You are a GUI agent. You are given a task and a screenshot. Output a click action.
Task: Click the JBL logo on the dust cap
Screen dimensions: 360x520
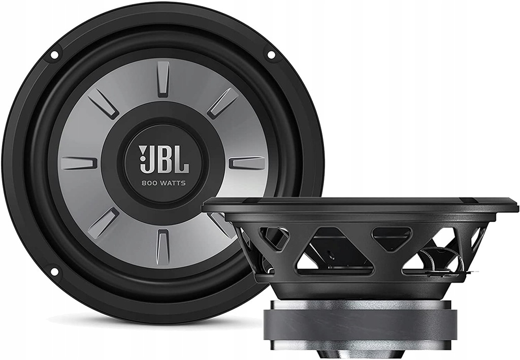(x=164, y=159)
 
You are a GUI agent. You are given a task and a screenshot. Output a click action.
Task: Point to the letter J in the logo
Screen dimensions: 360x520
(x=145, y=159)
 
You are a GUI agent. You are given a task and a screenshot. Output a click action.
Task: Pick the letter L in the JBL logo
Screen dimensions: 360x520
(x=181, y=160)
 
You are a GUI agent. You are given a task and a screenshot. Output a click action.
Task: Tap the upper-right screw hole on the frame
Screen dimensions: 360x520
(x=271, y=54)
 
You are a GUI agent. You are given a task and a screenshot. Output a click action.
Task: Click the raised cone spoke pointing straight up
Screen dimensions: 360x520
(x=163, y=78)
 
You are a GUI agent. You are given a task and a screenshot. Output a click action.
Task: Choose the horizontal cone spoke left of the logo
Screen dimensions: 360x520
(x=79, y=162)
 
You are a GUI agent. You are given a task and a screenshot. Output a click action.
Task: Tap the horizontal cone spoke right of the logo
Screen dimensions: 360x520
(x=247, y=163)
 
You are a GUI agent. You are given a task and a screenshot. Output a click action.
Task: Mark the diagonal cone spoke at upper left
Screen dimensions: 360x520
(x=104, y=103)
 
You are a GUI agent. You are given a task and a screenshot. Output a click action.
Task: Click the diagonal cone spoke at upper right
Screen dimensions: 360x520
(x=222, y=103)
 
